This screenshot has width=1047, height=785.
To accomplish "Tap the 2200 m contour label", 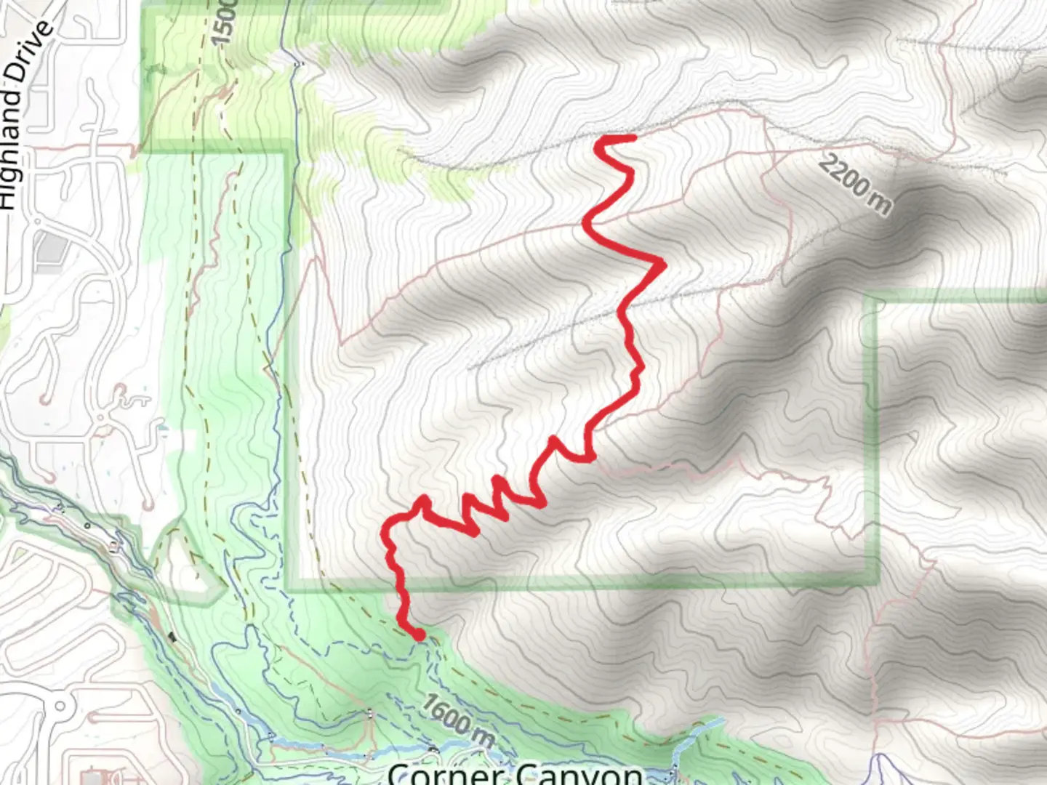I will [854, 185].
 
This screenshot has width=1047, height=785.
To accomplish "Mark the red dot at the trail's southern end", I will [419, 635].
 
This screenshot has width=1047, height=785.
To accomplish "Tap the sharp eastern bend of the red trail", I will [662, 263].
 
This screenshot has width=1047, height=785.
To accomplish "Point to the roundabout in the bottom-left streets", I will [60, 706].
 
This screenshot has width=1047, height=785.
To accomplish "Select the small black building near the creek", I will [172, 637].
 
